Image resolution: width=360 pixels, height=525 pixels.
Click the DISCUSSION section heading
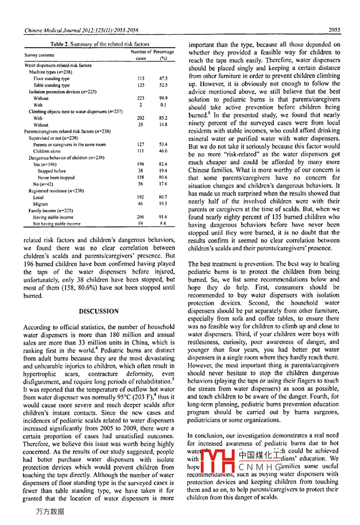(x=99, y=311)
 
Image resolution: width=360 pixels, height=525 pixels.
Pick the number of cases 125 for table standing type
(x=140, y=85)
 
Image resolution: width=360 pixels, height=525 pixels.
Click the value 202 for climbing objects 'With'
(x=140, y=118)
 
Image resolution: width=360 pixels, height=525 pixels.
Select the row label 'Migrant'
(x=40, y=204)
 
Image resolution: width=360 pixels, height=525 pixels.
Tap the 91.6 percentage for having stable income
(x=163, y=217)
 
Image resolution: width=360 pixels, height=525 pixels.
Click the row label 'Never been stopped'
(x=56, y=178)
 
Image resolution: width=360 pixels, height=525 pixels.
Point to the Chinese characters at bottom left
(x=50, y=512)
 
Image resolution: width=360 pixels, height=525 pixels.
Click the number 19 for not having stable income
(x=140, y=223)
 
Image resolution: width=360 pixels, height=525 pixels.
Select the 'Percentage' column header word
(x=164, y=52)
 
